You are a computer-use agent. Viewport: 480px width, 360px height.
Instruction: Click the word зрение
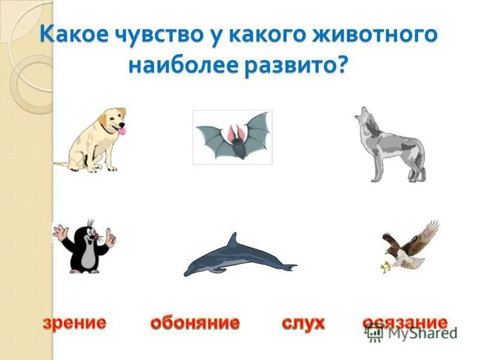pyautogui.click(x=74, y=323)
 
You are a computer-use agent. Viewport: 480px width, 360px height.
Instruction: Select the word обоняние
pyautogui.click(x=194, y=323)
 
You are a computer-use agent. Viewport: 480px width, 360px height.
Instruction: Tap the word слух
pyautogui.click(x=303, y=323)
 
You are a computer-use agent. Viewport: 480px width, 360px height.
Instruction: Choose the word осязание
pyautogui.click(x=405, y=322)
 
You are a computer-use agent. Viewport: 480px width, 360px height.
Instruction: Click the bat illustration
pyautogui.click(x=232, y=136)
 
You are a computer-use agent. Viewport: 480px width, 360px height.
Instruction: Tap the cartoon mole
pyautogui.click(x=84, y=246)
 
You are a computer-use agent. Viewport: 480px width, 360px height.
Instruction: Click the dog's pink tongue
pyautogui.click(x=122, y=130)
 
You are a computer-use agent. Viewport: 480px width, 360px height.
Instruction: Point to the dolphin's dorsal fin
pyautogui.click(x=233, y=240)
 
